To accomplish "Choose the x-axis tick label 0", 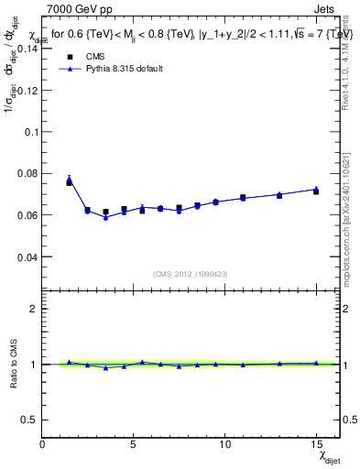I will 42,444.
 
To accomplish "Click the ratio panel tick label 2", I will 34,309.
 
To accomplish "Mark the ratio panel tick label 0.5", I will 30,420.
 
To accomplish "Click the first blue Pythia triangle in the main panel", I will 69,180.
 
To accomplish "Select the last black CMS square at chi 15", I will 316,191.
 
